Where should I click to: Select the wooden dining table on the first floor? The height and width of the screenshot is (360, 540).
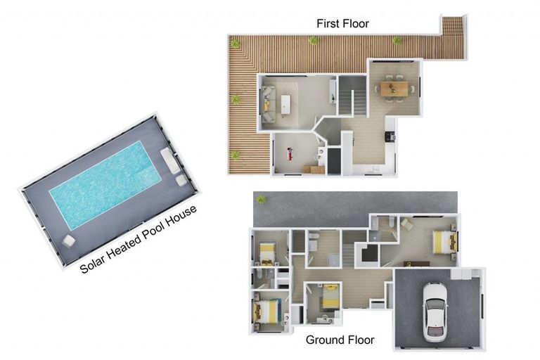pos(393,88)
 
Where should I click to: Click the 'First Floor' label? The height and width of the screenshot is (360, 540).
pos(342,23)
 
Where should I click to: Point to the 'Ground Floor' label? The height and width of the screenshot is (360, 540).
pos(340,340)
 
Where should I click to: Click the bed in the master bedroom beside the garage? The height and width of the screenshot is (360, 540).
pos(443,241)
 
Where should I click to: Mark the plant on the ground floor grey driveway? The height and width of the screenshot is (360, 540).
pos(261,199)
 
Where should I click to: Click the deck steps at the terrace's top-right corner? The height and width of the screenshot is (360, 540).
pos(453,26)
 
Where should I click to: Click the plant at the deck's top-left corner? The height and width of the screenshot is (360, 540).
pos(236,44)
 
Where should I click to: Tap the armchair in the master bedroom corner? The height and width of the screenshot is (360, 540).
pos(408,224)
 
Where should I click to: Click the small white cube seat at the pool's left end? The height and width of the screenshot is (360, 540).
pos(69,241)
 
